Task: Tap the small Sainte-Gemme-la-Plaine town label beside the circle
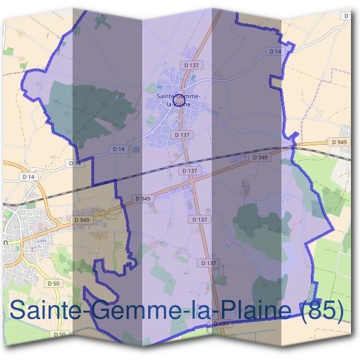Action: pyautogui.click(x=178, y=100)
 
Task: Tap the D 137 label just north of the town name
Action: pyautogui.click(x=192, y=65)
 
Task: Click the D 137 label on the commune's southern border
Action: pyautogui.click(x=221, y=324)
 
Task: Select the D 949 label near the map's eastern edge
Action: pyautogui.click(x=338, y=142)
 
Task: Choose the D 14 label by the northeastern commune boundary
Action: pyautogui.click(x=275, y=52)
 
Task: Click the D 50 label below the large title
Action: pyautogui.click(x=59, y=334)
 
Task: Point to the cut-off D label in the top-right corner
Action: pyautogui.click(x=347, y=17)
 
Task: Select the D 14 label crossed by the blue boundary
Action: pyautogui.click(x=75, y=163)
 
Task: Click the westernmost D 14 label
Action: pyautogui.click(x=28, y=176)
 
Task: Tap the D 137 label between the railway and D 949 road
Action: pyautogui.click(x=189, y=170)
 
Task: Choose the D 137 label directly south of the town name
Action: pyautogui.click(x=182, y=135)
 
